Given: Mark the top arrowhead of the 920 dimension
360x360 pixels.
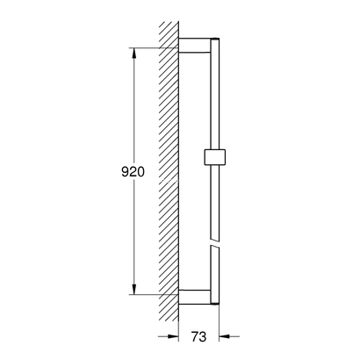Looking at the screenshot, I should click(134, 54).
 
